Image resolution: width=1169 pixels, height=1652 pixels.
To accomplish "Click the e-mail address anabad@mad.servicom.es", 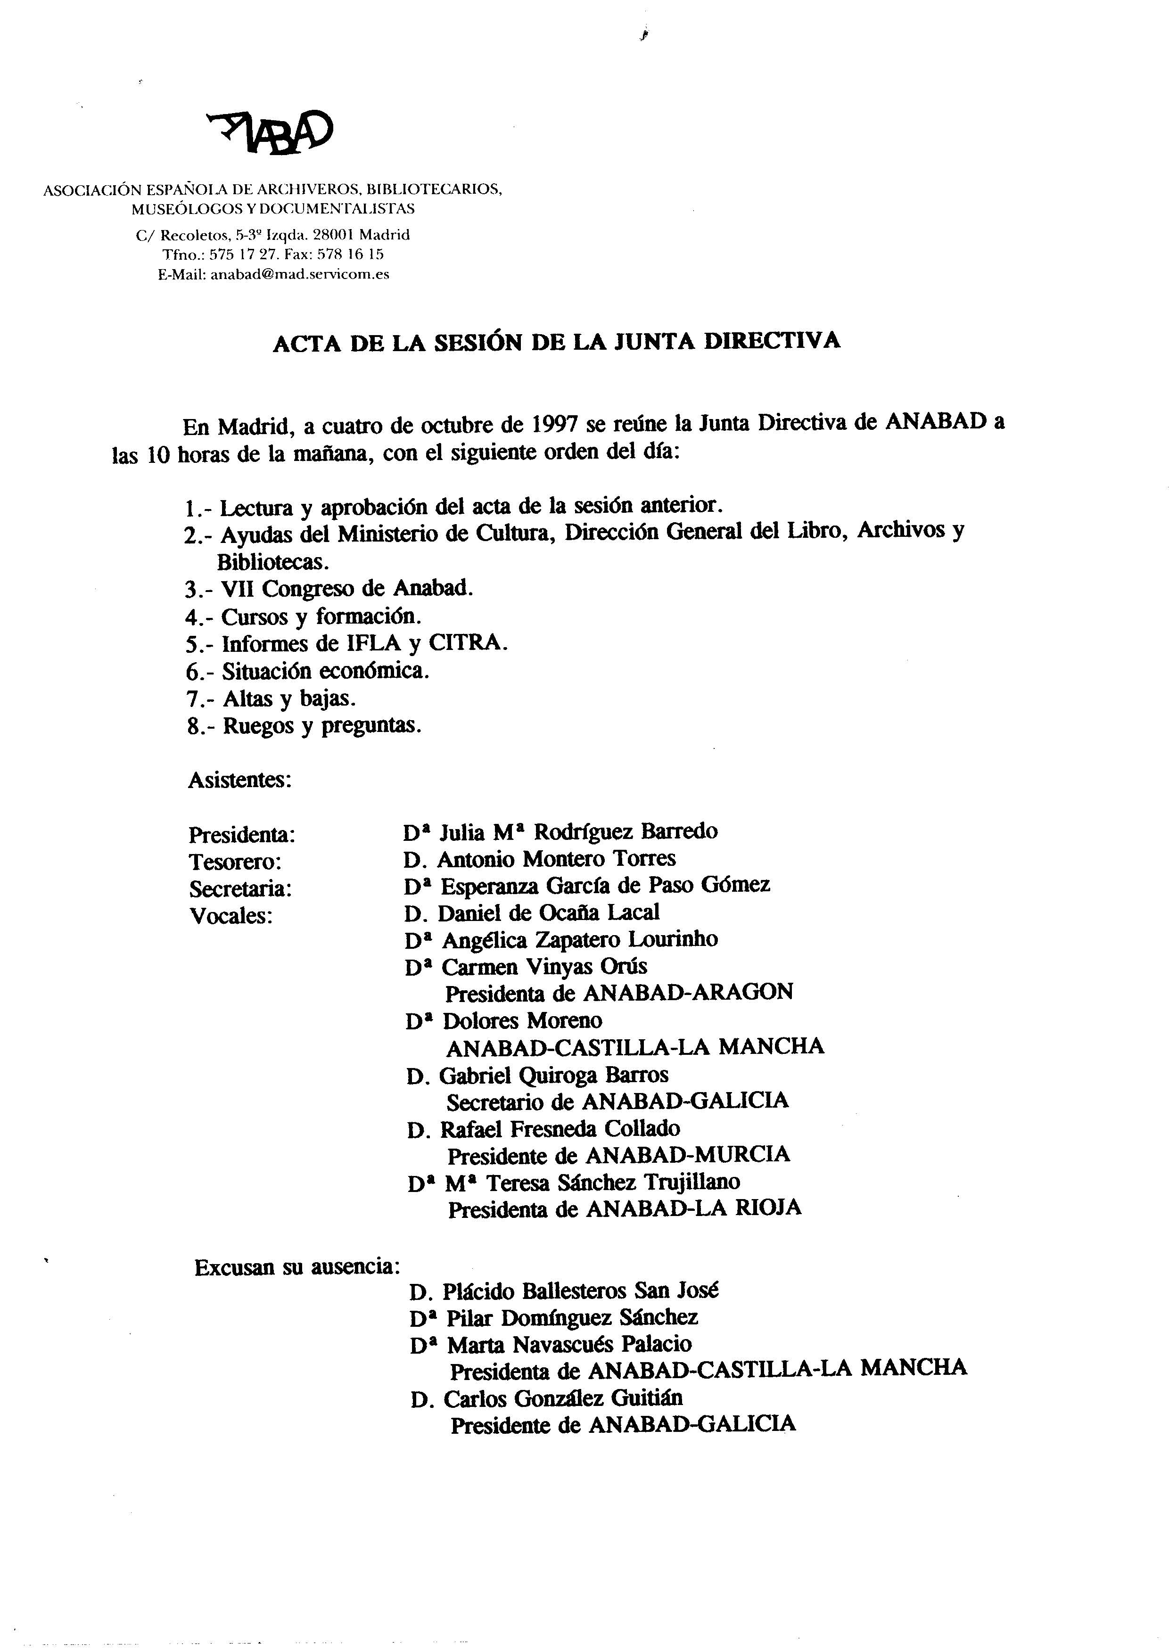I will pos(299,274).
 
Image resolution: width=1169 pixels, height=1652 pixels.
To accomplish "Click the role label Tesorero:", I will pos(235,862).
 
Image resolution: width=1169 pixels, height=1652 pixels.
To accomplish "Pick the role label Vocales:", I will pos(231,916).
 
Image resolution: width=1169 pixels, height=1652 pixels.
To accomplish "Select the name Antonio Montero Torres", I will pos(556,859).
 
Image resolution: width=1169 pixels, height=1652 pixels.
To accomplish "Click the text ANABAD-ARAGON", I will pos(687,993).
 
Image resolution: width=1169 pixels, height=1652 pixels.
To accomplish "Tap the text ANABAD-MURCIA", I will pos(687,1155).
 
